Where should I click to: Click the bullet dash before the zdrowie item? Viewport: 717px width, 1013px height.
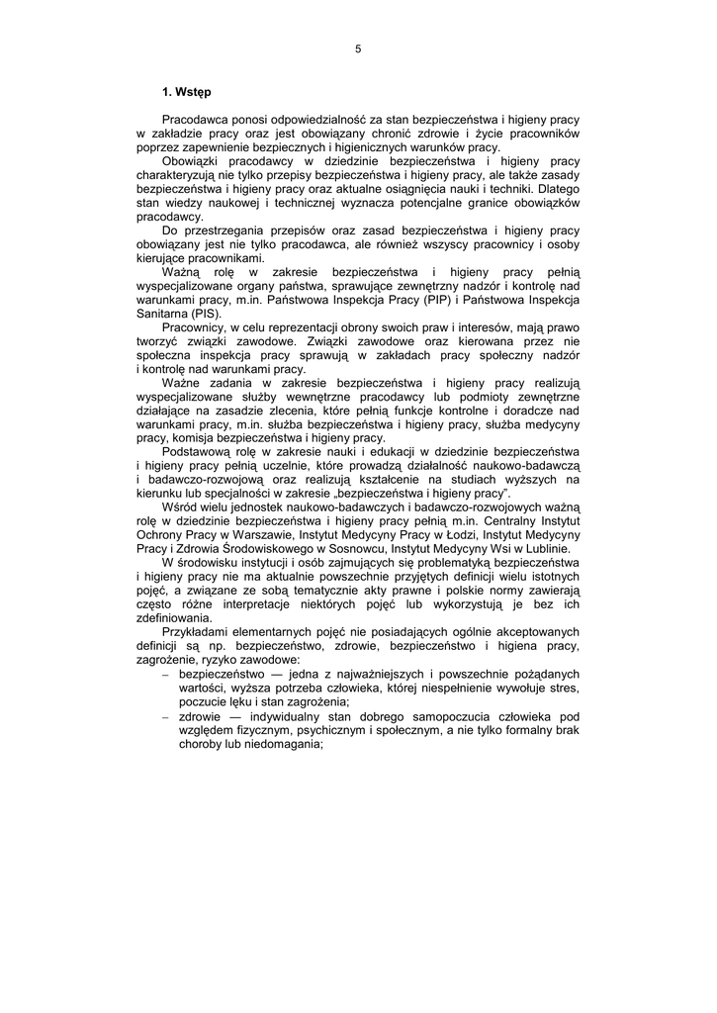(165, 715)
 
